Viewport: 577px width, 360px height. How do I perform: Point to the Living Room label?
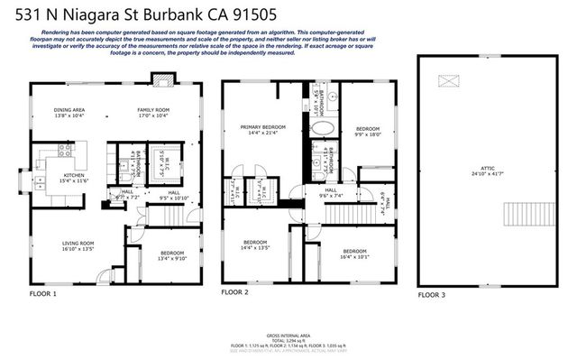pos(78,245)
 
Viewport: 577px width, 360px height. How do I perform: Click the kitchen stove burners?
pos(65,151)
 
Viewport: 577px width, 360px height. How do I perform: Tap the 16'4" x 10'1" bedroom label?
pos(354,254)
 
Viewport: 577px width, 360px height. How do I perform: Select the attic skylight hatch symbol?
pos(448,81)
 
